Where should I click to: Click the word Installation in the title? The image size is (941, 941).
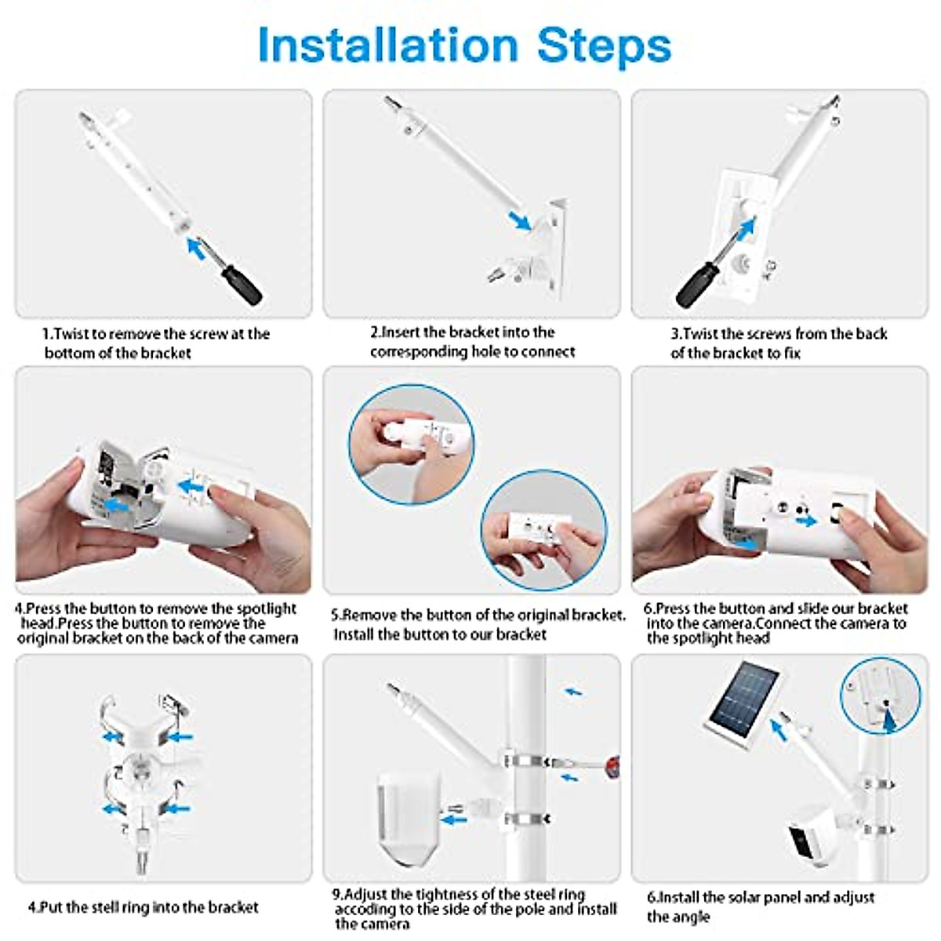[388, 45]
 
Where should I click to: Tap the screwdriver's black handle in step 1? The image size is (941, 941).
[242, 285]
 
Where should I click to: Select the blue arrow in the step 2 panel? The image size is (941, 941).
[520, 220]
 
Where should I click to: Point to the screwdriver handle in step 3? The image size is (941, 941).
[694, 285]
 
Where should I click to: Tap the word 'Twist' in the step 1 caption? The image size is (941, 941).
[71, 334]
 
